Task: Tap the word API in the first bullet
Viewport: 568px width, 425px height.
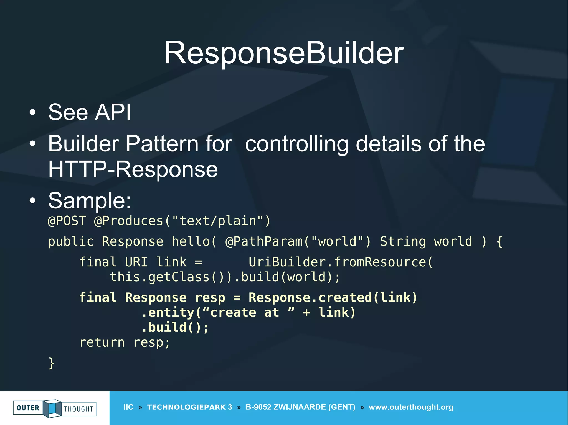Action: point(113,112)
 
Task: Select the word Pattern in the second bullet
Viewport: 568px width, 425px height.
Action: point(162,144)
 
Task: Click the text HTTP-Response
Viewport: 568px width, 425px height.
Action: point(133,169)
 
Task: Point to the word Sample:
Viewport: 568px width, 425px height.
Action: point(90,200)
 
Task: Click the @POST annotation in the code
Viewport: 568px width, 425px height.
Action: point(67,221)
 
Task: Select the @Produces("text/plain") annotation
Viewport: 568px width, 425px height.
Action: point(182,221)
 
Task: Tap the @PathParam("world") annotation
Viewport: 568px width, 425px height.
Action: point(298,241)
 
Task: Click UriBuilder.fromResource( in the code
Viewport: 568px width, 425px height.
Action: point(341,262)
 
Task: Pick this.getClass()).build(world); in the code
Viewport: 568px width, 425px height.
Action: point(225,277)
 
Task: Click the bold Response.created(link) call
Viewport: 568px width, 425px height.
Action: point(333,298)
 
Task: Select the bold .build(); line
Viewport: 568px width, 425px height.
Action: point(175,328)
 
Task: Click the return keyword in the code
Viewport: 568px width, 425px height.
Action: point(102,343)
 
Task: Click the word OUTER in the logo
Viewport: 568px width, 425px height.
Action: point(28,408)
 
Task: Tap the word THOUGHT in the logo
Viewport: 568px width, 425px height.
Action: point(78,409)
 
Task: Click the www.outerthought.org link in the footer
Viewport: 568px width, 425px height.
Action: point(411,407)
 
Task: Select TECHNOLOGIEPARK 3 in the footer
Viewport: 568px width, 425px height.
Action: point(189,407)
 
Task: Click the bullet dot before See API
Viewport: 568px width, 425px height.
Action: point(33,112)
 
